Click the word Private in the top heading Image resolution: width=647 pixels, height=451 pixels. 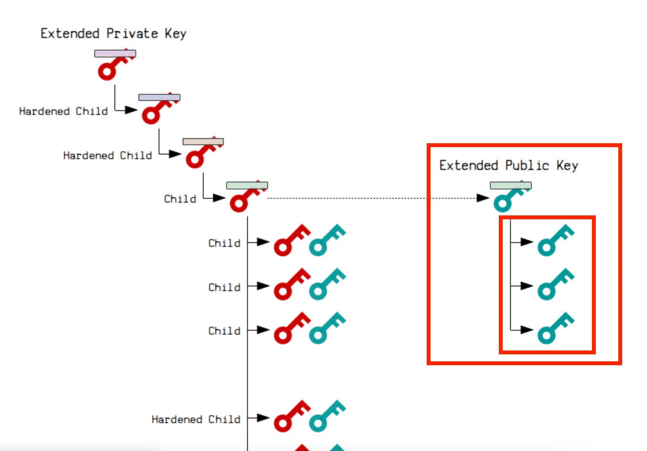point(132,33)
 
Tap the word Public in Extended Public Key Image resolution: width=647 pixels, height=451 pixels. point(527,165)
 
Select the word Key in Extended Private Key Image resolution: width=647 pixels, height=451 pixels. point(176,34)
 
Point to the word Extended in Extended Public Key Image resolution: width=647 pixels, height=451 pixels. point(469,165)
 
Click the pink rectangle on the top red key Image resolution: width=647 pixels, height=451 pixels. point(115,54)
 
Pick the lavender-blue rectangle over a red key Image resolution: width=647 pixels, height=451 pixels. point(159,97)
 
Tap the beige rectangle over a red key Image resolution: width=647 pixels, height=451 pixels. point(203,141)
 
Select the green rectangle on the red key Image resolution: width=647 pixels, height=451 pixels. point(247,185)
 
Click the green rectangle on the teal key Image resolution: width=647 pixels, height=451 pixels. point(511,185)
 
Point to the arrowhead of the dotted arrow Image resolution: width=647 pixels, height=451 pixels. point(483,198)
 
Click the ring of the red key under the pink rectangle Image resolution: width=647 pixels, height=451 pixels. point(107,71)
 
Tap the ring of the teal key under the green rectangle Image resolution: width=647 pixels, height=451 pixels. point(503,203)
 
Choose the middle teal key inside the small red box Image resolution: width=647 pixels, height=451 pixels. point(556,284)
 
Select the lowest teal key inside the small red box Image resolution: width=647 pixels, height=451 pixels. point(556,328)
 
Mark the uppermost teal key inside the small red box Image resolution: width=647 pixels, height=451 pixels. point(556,240)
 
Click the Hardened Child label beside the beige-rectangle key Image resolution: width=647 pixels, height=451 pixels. point(107,156)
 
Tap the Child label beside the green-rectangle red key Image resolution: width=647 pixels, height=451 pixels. point(180,199)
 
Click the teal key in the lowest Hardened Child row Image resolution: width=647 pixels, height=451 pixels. point(327,416)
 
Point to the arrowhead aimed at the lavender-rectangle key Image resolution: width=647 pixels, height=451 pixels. point(131,110)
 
